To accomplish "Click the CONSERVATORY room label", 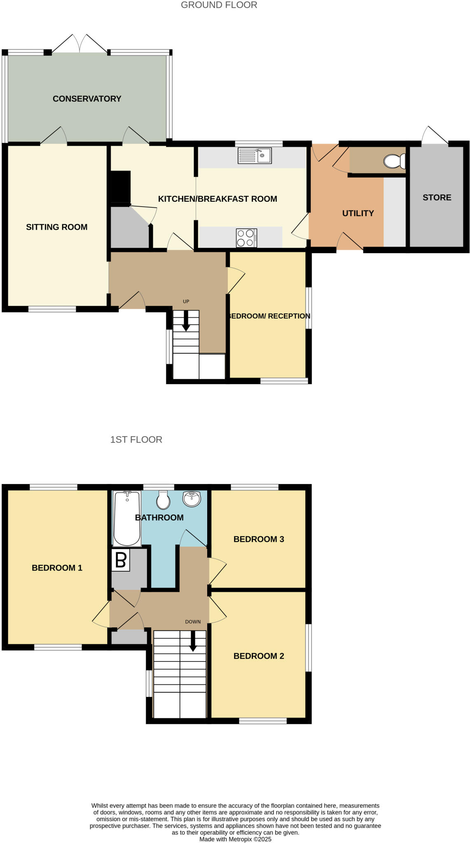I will tap(87, 99).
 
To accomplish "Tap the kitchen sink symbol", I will tap(255, 156).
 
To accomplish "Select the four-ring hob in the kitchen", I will tap(246, 238).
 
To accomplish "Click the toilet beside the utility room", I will tap(395, 161).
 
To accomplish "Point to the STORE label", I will tap(437, 198).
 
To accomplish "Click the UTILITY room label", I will tap(358, 213).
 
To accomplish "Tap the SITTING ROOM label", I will tap(56, 227).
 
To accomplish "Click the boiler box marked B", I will tap(121, 560).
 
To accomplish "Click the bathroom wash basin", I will tap(192, 499).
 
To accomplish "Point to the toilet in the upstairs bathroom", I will tap(163, 500).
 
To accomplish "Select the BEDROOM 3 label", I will tap(259, 539).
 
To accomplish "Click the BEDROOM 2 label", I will tap(259, 656).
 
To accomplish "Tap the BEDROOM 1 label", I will tap(57, 568).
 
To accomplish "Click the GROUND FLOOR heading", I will tap(219, 5).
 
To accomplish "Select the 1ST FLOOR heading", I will tap(136, 440).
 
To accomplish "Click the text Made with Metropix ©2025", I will tap(235, 839).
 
